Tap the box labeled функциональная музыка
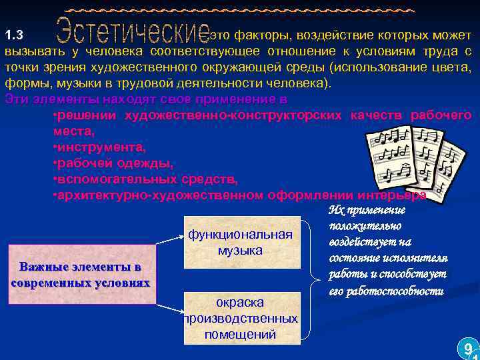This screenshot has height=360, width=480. pos(240,242)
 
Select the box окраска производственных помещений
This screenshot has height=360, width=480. pos(240,318)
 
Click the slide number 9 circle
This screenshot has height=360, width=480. pos(468,348)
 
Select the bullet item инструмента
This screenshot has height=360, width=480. pos(100,147)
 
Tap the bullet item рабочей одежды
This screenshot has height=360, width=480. pos(113,163)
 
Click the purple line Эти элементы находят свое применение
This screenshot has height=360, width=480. pos(145,99)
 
